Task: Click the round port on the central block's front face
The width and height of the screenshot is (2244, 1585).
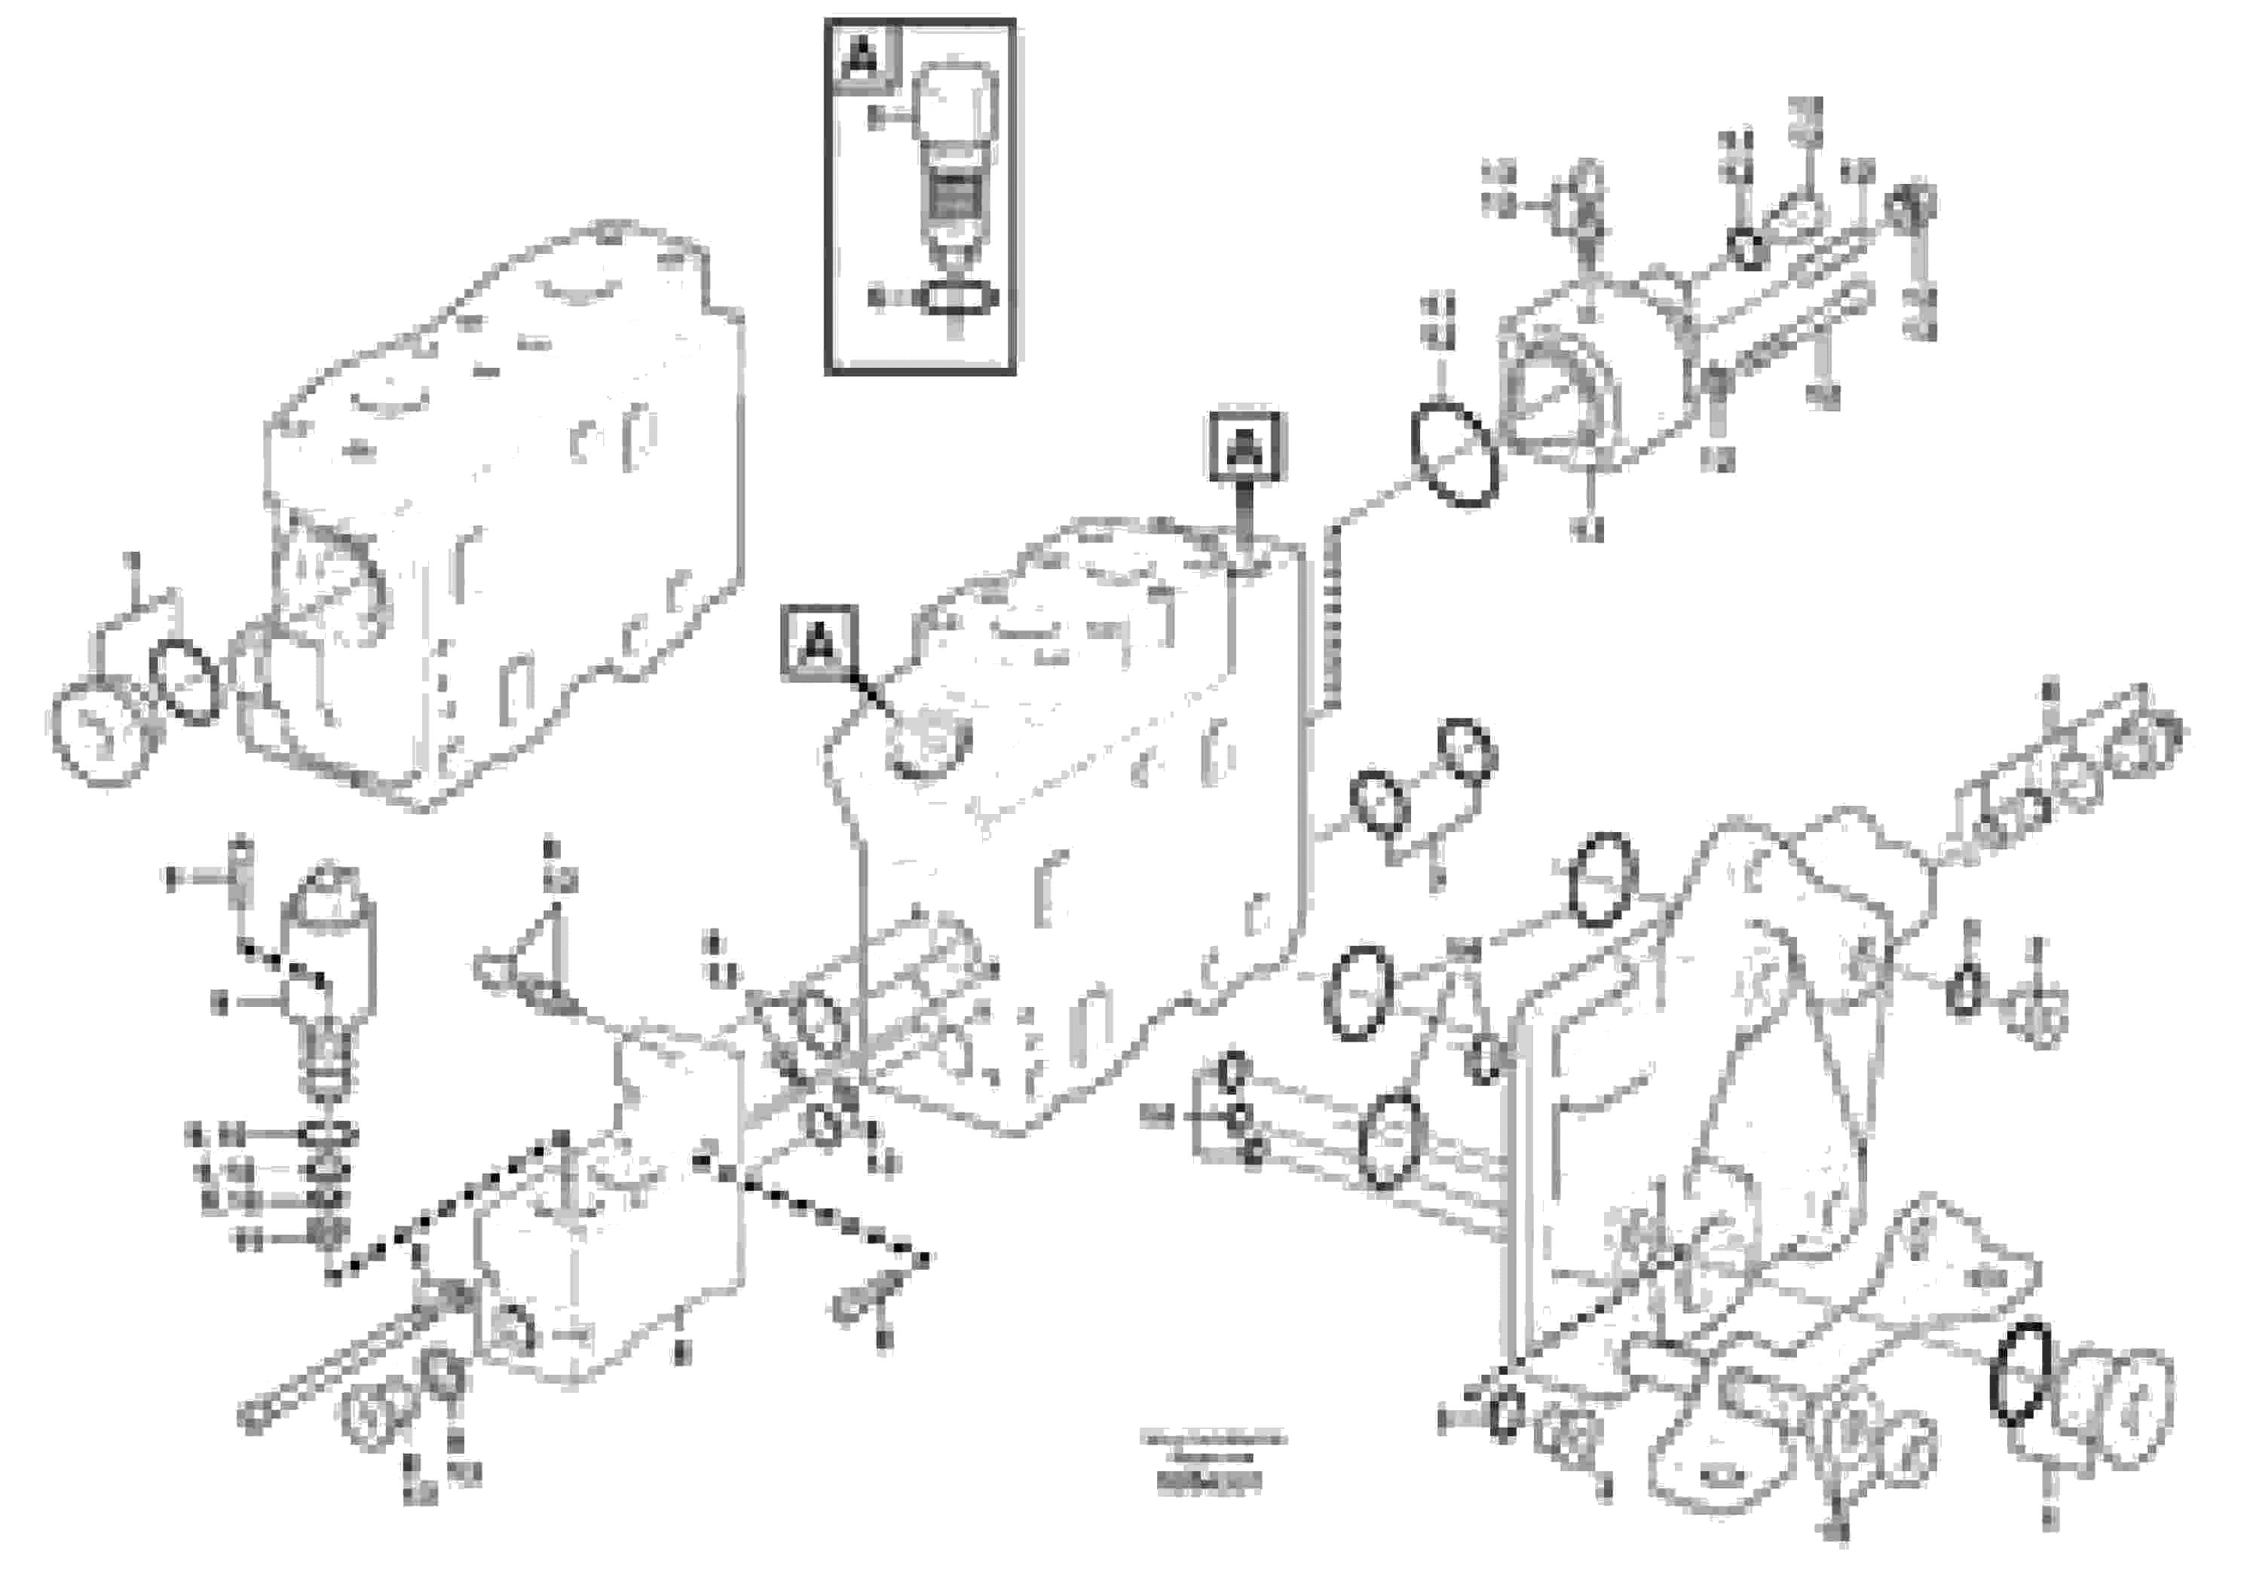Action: pos(926,748)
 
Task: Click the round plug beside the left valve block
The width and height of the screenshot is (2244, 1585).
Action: pos(95,733)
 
